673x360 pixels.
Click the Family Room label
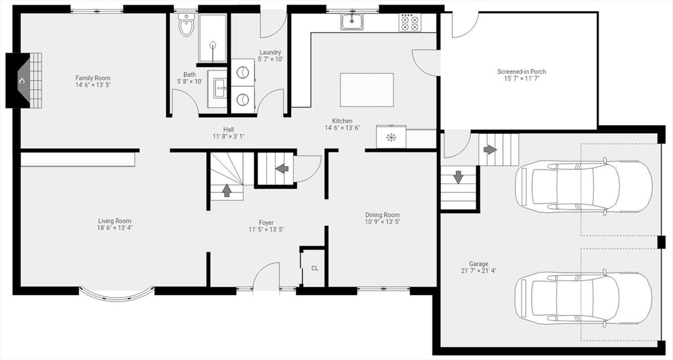(93, 78)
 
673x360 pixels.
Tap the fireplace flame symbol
(22, 81)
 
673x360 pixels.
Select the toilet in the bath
(187, 27)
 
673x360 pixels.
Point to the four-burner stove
(410, 23)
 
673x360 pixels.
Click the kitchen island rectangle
(367, 90)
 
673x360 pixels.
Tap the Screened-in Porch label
(521, 72)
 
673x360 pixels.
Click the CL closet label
(315, 268)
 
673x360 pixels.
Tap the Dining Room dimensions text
(382, 222)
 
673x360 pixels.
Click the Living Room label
(115, 221)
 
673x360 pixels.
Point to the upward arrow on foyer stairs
(227, 190)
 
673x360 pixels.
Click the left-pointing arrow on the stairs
(282, 168)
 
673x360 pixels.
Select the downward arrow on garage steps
(457, 177)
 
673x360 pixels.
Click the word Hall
(228, 129)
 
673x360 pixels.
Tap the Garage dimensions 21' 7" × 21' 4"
(478, 271)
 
